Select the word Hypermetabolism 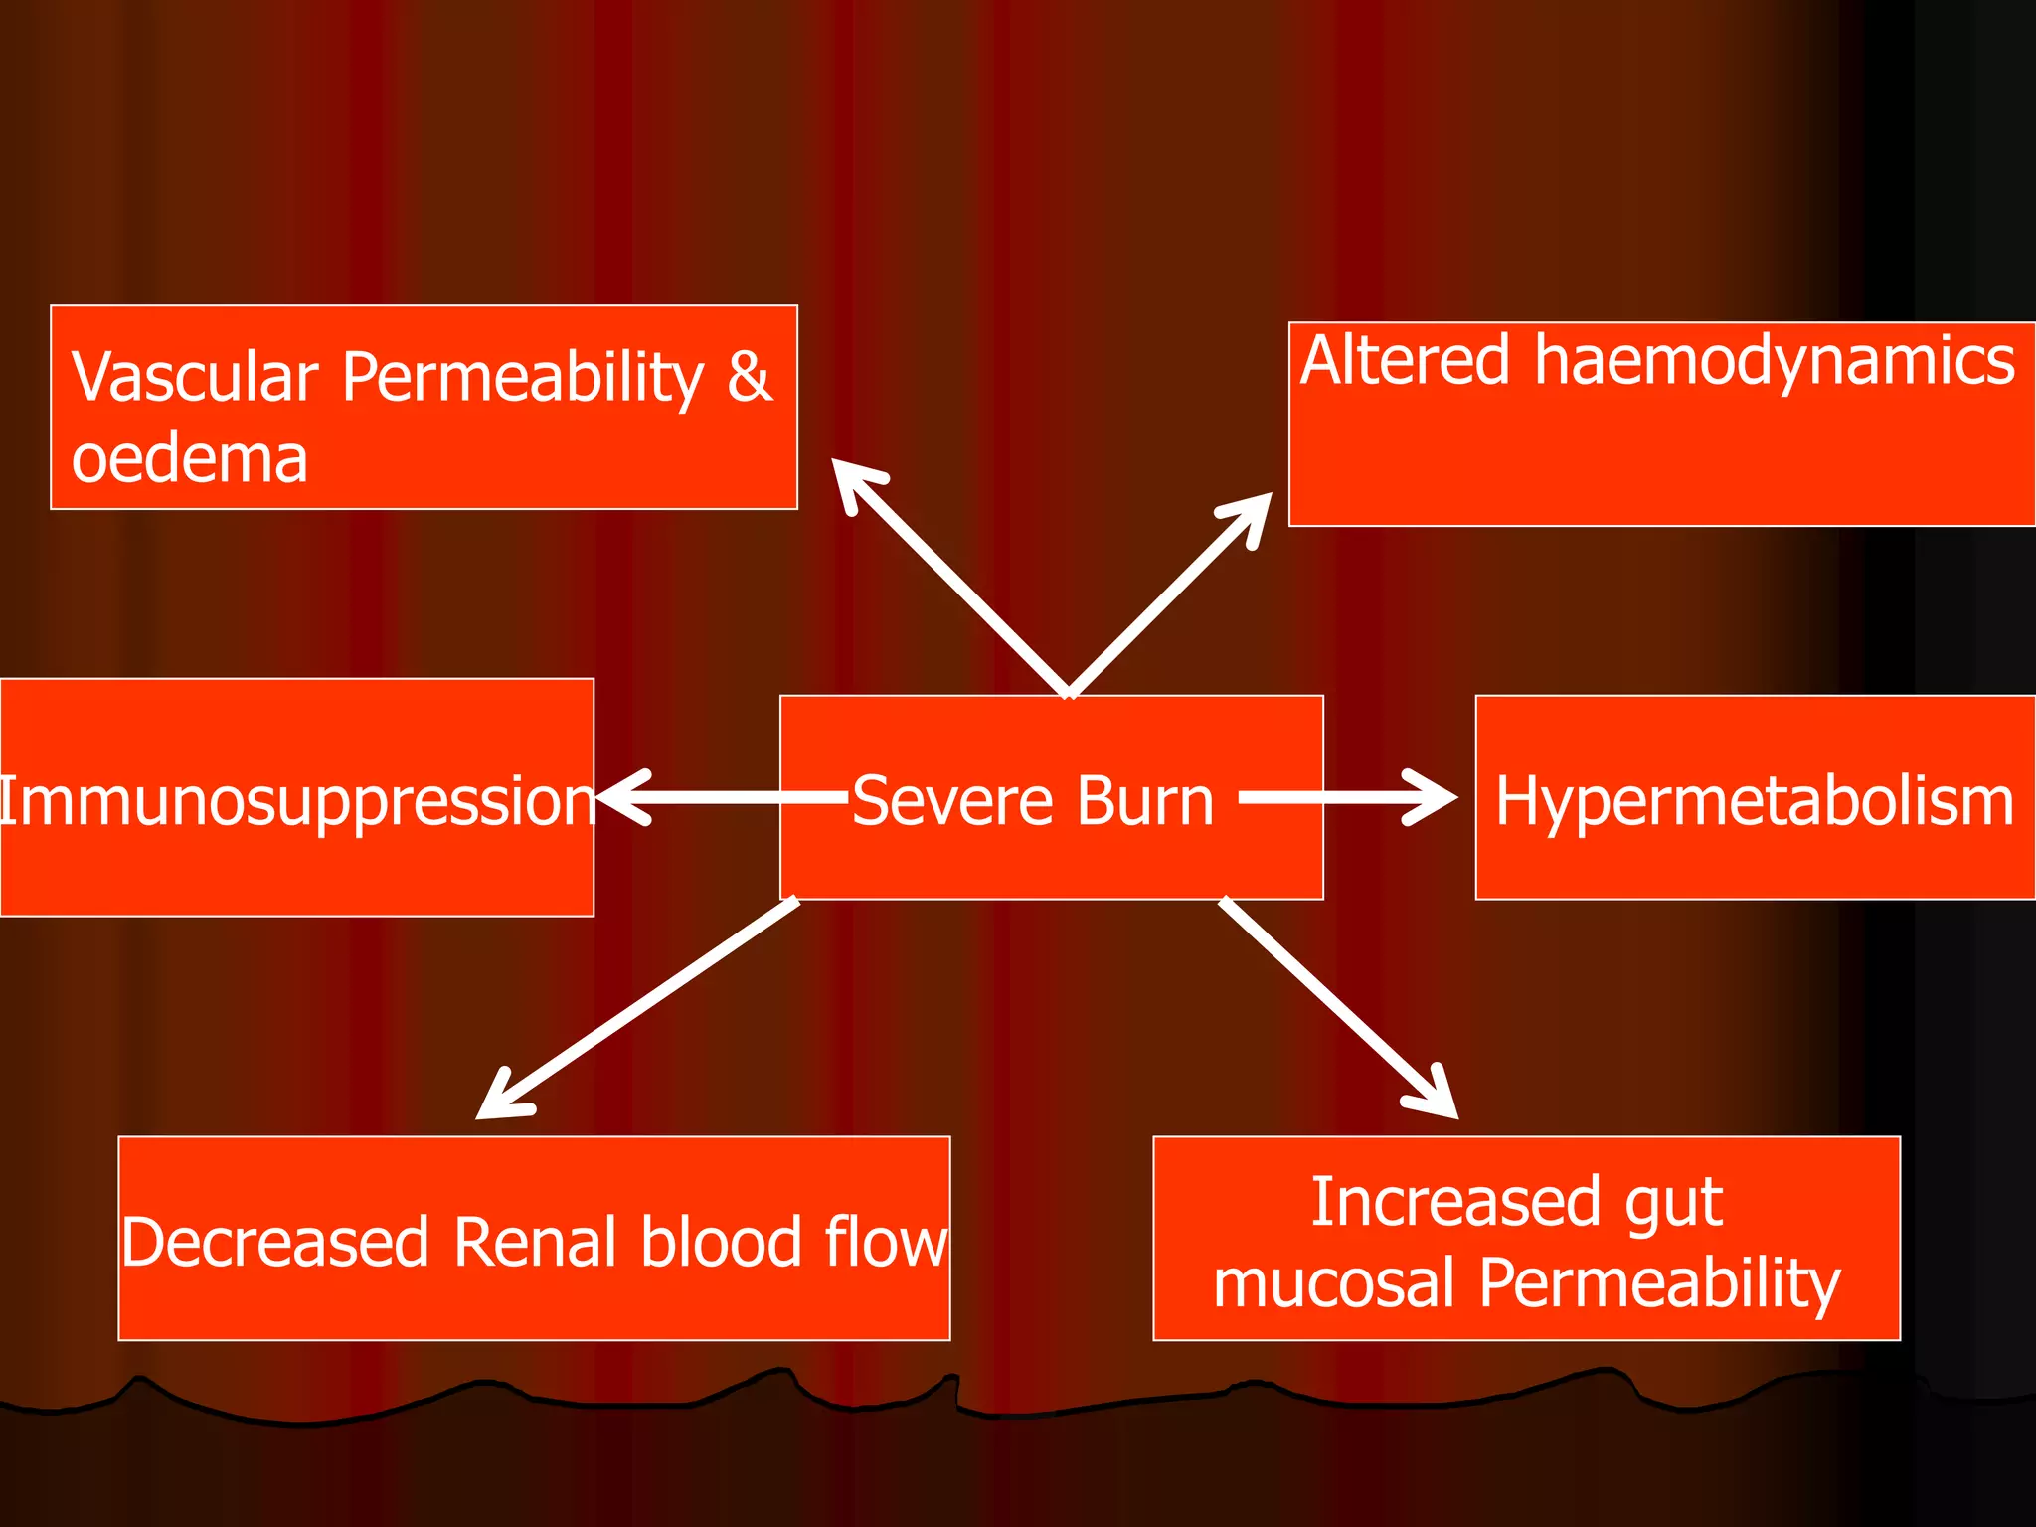(1755, 801)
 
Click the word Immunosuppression (296, 801)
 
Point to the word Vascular (195, 378)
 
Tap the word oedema (189, 459)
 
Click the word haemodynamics (1774, 362)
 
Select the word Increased (1454, 1203)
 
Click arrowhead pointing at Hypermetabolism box (1437, 797)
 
